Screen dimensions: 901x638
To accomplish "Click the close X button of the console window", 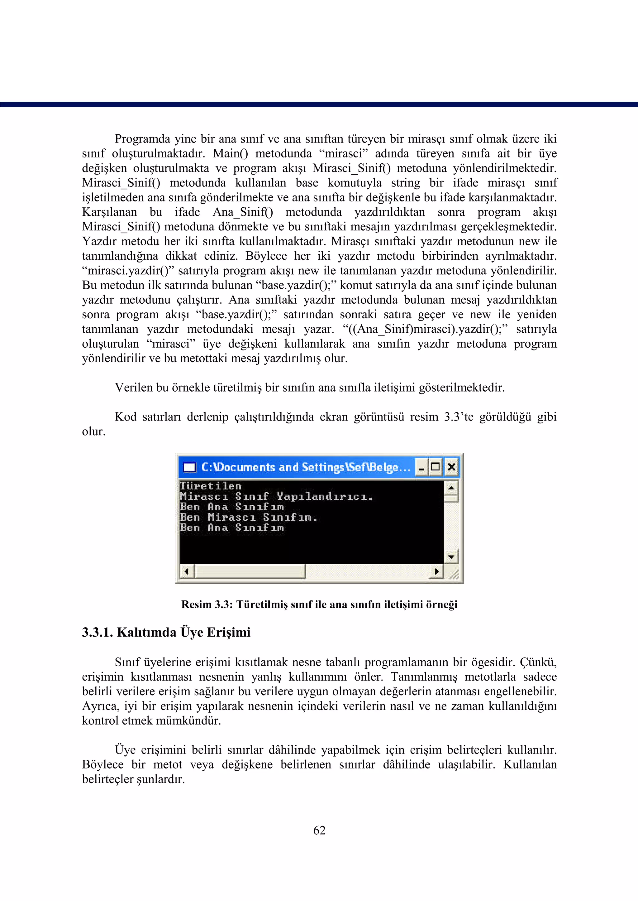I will point(451,467).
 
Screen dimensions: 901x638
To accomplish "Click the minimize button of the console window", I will point(421,467).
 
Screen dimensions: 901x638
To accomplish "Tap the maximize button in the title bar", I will point(435,467).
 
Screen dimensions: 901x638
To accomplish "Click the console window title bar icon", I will point(189,467).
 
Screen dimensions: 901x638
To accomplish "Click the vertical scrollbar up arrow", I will point(451,488).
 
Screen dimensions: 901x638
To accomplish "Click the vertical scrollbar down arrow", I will point(451,556).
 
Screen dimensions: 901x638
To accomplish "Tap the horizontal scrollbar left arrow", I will point(187,571).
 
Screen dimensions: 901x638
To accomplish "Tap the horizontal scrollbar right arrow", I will point(436,571).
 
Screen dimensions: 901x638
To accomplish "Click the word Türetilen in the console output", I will point(211,486).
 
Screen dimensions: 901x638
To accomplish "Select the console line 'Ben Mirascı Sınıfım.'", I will point(248,517).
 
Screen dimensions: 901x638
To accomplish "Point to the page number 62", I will point(319,830).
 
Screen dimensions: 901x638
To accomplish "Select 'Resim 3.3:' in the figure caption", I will point(207,604).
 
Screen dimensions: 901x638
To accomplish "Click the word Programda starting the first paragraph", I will point(142,139).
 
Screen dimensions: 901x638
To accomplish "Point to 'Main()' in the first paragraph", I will point(231,153).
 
